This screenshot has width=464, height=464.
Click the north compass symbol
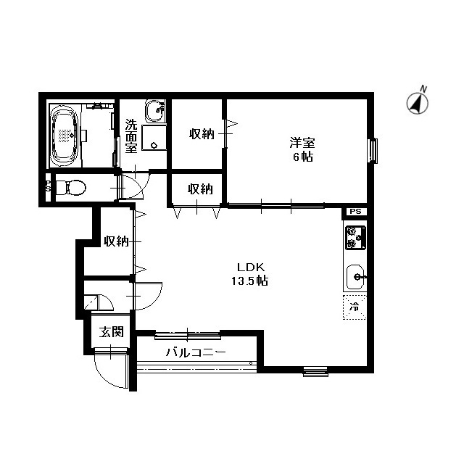[417, 102]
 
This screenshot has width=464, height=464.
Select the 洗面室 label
[131, 136]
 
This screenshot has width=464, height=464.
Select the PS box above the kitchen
[355, 211]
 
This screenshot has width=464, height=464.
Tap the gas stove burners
[355, 237]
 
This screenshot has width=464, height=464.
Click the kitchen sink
[355, 275]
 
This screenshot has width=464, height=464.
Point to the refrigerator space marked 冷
[355, 307]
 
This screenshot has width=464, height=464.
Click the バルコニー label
[195, 353]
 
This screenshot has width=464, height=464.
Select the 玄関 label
[111, 332]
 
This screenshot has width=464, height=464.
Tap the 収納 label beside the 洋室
[201, 134]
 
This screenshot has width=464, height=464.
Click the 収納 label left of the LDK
[115, 241]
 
